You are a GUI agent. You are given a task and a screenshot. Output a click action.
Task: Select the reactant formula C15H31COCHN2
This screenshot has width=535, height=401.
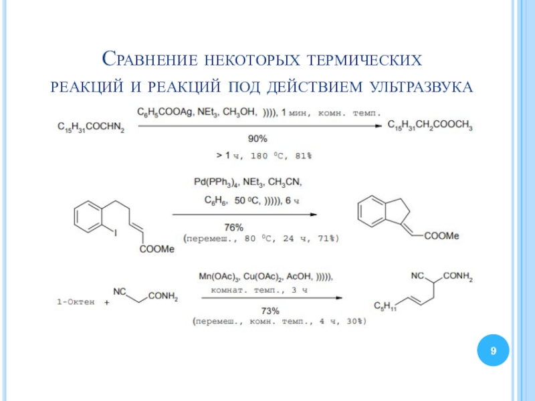point(91,126)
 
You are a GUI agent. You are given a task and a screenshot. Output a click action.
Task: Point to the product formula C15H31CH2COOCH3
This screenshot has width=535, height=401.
point(431,126)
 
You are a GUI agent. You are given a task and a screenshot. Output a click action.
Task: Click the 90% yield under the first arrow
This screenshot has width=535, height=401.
point(257,138)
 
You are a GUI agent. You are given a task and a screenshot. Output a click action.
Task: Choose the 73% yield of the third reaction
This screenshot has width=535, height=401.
point(270,311)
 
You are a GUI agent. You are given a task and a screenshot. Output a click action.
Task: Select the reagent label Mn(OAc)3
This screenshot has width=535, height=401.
point(219,276)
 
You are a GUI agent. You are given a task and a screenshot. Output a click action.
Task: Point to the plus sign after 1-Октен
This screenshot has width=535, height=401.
point(108,303)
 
